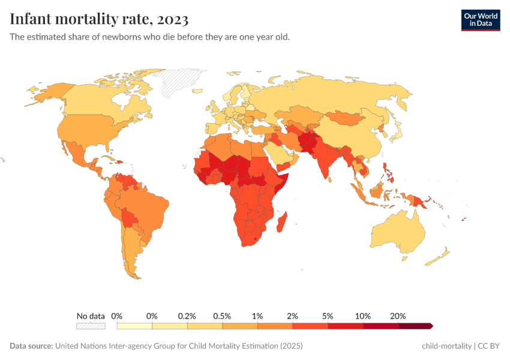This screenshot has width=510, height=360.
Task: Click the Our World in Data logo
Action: pyautogui.click(x=480, y=20)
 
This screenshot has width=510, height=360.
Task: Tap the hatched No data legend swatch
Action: pyautogui.click(x=91, y=326)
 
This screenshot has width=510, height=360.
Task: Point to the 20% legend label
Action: pyautogui.click(x=398, y=316)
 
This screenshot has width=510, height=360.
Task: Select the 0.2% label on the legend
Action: pyautogui.click(x=187, y=316)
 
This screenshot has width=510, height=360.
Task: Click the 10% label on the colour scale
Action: pyautogui.click(x=363, y=316)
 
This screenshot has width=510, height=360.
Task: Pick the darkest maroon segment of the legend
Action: pyautogui.click(x=415, y=326)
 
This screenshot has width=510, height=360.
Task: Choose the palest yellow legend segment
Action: pyautogui.click(x=134, y=326)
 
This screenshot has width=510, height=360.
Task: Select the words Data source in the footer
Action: pyautogui.click(x=31, y=346)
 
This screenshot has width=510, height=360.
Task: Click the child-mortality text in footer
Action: pyautogui.click(x=446, y=346)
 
